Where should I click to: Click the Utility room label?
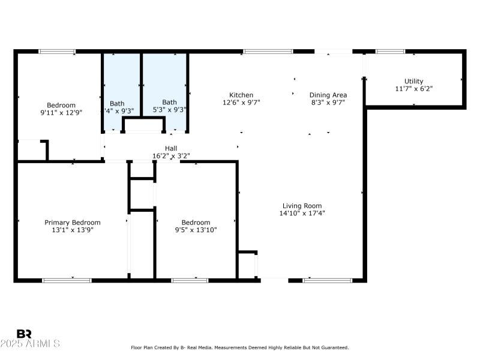click(x=413, y=81)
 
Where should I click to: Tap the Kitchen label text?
click(x=241, y=95)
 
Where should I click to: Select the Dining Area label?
click(x=328, y=95)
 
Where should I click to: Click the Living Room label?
click(x=302, y=205)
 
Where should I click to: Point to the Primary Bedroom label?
click(x=73, y=222)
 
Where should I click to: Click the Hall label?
click(x=171, y=148)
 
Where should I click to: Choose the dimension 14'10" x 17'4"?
click(x=302, y=213)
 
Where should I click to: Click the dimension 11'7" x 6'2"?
click(x=413, y=89)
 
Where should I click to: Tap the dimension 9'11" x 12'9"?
click(x=61, y=112)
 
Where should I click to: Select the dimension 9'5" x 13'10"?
click(x=196, y=230)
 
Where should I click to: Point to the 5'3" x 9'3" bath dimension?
click(x=169, y=110)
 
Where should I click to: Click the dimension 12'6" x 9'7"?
click(x=241, y=103)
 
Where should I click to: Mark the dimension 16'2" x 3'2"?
click(x=171, y=156)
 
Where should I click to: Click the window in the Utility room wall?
click(x=390, y=52)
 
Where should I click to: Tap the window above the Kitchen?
click(x=268, y=52)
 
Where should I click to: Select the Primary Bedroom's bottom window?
click(x=67, y=280)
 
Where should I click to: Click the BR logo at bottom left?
click(x=24, y=334)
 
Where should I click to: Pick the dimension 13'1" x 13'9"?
click(x=73, y=230)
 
